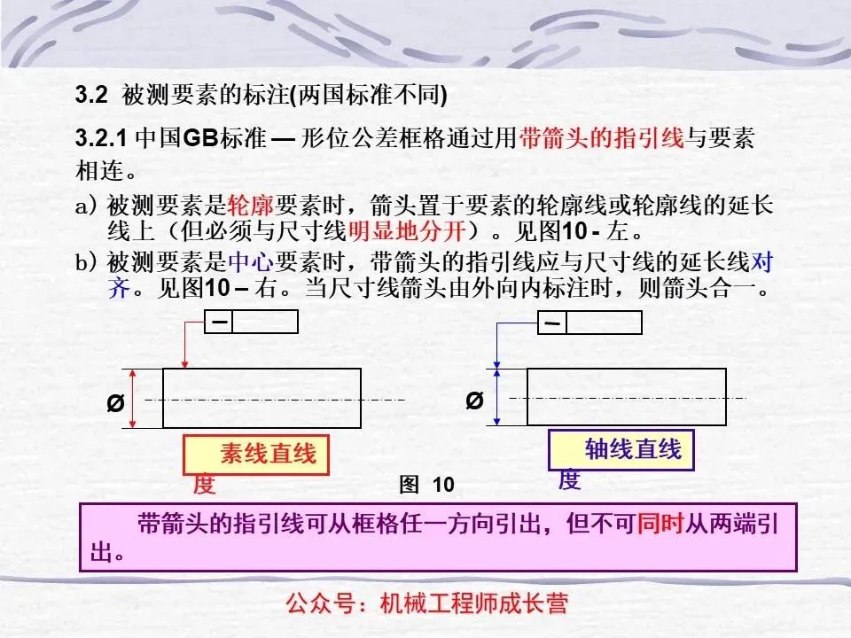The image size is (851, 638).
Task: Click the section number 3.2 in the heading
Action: [91, 94]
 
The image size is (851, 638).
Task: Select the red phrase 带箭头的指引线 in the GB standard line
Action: [602, 138]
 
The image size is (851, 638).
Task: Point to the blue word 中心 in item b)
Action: [251, 263]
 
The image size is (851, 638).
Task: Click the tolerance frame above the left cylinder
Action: [251, 322]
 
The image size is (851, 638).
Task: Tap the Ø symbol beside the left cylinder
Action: [114, 403]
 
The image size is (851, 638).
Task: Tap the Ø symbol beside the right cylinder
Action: [474, 401]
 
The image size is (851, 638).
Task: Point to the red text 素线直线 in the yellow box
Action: [268, 455]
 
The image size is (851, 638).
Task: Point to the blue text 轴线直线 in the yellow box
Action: [633, 450]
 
